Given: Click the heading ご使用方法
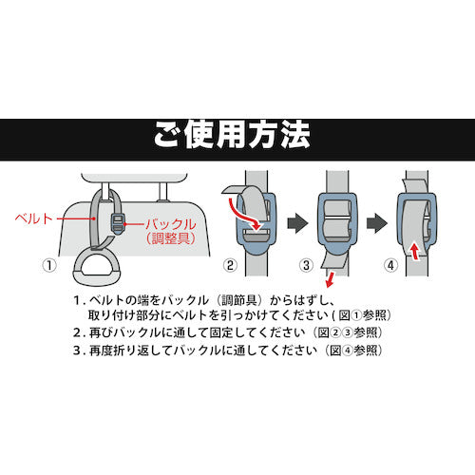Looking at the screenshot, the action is tap(232, 135).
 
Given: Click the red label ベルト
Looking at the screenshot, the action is tap(34, 218).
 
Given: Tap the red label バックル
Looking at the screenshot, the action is tap(171, 224).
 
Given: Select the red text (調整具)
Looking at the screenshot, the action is tap(171, 238).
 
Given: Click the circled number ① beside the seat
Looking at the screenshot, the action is tap(49, 265).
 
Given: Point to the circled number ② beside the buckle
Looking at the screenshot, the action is tap(230, 265).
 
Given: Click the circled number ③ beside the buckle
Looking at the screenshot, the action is tap(306, 265).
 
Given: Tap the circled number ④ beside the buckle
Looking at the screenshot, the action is tap(390, 265).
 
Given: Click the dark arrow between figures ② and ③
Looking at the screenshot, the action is tap(297, 223).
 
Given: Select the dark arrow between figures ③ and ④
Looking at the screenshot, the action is tap(377, 223).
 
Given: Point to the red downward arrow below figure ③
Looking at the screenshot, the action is tap(330, 279).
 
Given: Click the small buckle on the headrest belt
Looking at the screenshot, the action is tap(118, 223).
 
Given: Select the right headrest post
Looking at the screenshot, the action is tap(162, 192).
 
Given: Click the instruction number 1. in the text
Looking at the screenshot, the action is tap(79, 300).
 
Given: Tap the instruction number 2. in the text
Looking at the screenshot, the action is tap(79, 332).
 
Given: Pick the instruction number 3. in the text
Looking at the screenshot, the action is tap(79, 351).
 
